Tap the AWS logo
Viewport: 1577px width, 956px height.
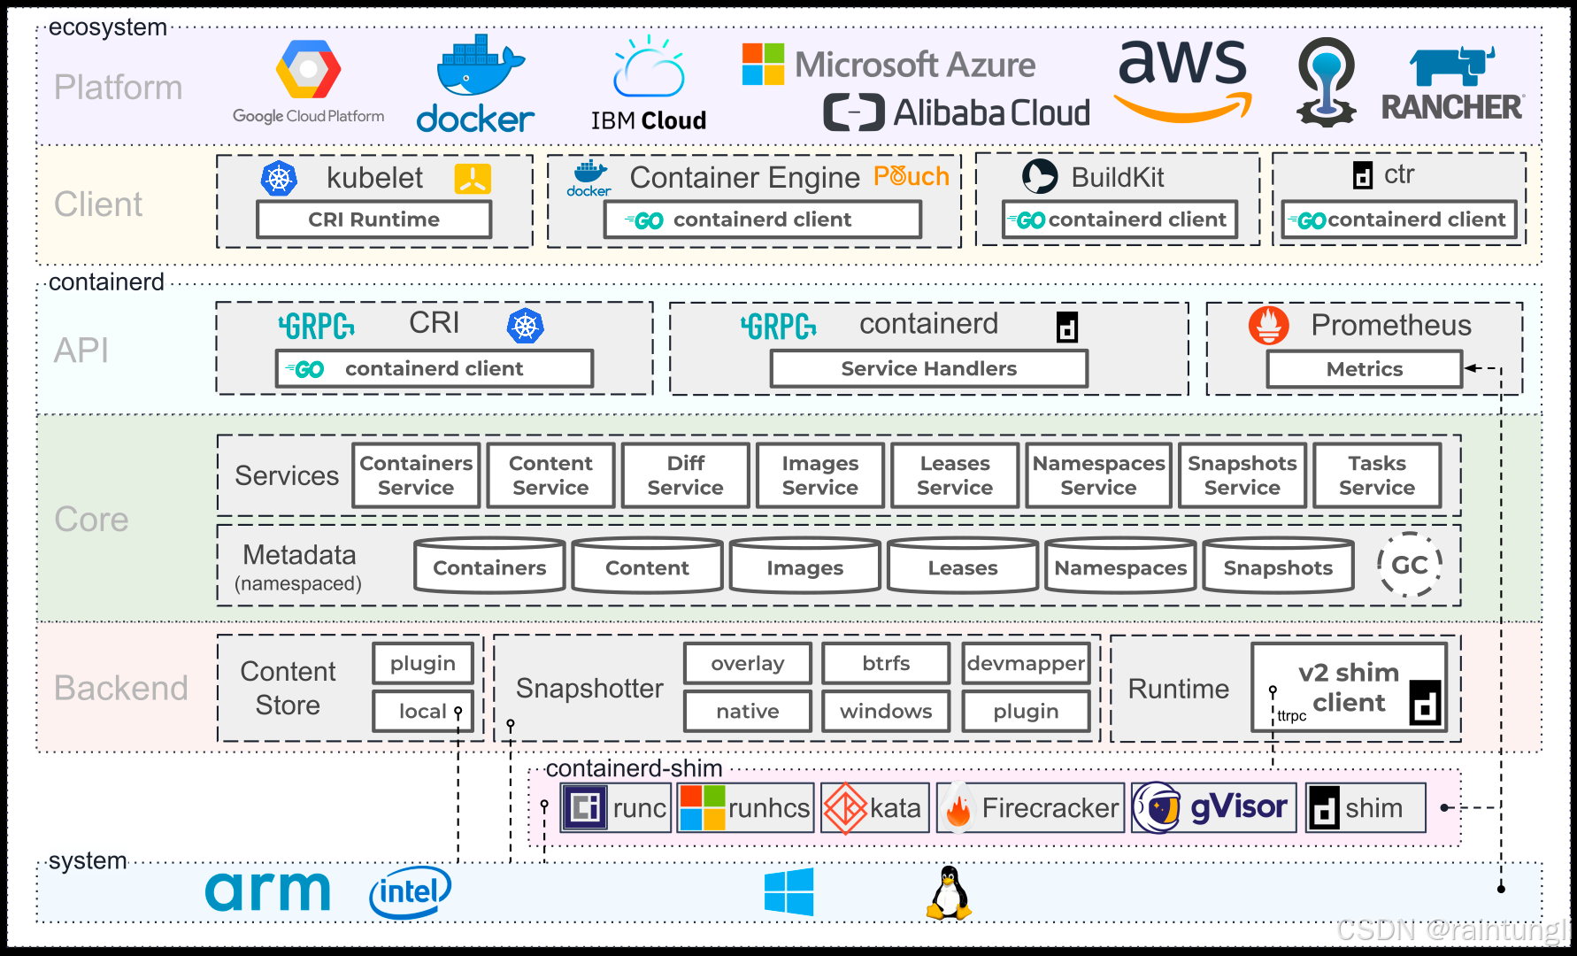[1183, 80]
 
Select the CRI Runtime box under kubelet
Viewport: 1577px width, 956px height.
[373, 220]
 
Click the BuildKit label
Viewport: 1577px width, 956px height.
[1117, 177]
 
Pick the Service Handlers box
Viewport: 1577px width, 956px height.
[928, 368]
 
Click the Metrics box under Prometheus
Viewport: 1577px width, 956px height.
[1364, 369]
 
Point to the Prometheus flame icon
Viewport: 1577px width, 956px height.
[1268, 326]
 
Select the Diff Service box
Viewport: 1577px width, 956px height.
[685, 475]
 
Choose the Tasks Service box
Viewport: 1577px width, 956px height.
[1377, 475]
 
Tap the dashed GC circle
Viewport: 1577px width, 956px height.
[1409, 565]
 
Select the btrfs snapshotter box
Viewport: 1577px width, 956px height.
[886, 663]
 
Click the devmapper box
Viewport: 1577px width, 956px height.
[1026, 663]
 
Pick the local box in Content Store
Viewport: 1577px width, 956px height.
[423, 711]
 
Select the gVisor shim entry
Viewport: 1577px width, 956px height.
[1213, 807]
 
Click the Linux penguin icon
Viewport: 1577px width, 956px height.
[949, 892]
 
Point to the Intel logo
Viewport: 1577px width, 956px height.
[410, 892]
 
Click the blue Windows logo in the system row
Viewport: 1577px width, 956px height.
[789, 891]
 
